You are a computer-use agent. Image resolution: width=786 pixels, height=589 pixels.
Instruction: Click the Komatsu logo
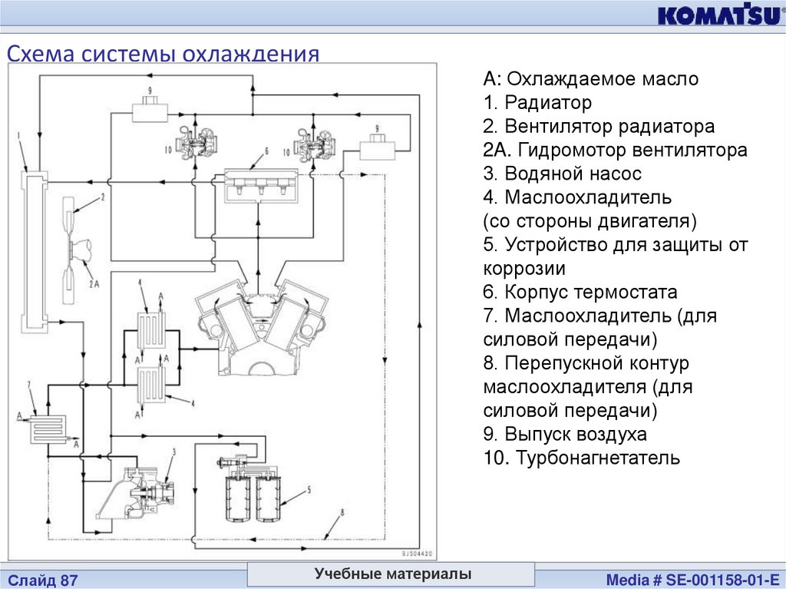tap(717, 15)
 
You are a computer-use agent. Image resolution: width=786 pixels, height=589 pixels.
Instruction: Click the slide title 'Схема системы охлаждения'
tap(163, 55)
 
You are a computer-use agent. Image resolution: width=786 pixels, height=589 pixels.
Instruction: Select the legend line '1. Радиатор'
tap(537, 102)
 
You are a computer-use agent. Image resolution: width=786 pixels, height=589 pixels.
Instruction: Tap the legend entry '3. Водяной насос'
tap(562, 174)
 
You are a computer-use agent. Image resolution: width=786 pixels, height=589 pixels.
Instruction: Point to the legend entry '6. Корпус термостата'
tap(580, 292)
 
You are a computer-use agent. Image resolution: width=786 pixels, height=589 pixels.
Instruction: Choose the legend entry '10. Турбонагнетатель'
tap(581, 458)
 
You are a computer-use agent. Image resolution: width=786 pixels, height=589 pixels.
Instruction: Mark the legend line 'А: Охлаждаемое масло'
tap(590, 78)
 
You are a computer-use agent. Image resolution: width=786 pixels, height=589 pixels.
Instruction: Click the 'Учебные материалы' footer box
tap(391, 574)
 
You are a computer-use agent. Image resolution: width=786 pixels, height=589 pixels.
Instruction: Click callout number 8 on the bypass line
tap(342, 512)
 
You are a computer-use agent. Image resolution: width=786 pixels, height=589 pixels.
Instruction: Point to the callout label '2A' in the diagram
tap(94, 283)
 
